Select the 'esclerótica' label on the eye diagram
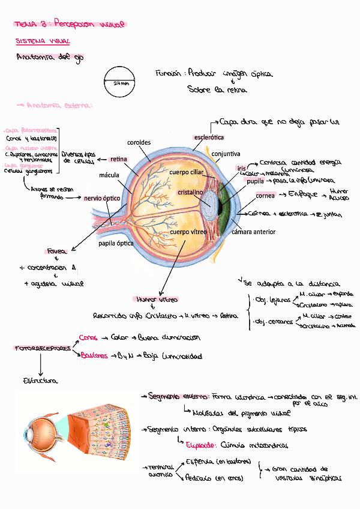point(208,138)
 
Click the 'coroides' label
point(139,143)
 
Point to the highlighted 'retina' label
point(118,159)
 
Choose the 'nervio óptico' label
point(102,198)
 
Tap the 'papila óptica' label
point(116,244)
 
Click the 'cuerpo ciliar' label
point(187,172)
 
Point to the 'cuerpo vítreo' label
point(188,232)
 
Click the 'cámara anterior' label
point(253,232)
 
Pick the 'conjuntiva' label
point(226,154)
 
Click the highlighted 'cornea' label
point(265,196)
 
